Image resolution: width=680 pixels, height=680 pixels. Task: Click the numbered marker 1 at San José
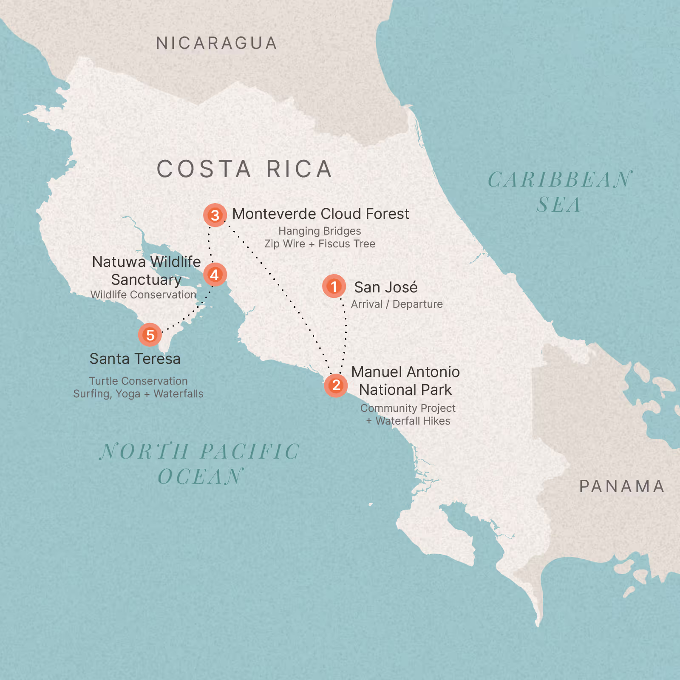334,286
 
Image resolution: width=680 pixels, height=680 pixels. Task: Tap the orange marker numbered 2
336,385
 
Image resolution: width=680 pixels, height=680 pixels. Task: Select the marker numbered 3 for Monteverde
215,215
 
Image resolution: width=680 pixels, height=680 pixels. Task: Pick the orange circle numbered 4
215,275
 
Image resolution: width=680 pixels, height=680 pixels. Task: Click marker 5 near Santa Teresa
150,335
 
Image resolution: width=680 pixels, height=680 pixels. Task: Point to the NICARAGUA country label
217,43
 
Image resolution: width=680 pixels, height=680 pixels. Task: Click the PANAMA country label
622,487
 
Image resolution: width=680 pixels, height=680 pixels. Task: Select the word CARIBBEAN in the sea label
559,180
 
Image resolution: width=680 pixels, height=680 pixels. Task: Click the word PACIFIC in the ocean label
250,451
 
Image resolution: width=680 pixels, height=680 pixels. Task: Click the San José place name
386,287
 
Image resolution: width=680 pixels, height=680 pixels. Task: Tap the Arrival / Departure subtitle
397,304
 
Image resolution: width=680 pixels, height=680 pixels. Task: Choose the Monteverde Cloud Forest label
320,214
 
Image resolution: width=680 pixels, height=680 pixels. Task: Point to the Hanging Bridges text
320,231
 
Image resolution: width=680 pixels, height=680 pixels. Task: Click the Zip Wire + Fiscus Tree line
320,244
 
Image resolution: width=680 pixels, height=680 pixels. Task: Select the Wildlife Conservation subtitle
143,295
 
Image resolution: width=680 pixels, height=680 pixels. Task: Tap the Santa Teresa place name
135,359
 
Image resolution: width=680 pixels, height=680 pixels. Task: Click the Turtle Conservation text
138,381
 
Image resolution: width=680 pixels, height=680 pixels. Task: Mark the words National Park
405,390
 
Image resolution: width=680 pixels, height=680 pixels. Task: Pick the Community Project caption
408,408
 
